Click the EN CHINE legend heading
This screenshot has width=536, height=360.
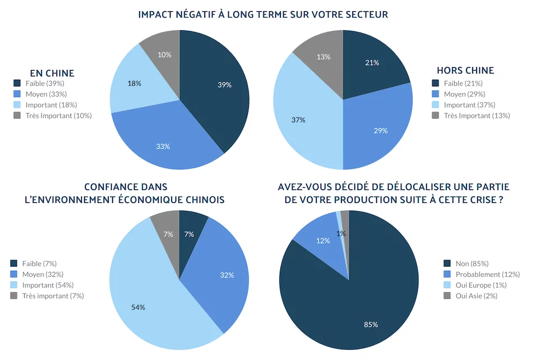click(x=52, y=73)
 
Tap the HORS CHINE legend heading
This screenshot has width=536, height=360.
click(x=465, y=71)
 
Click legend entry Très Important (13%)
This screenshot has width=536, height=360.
click(x=477, y=116)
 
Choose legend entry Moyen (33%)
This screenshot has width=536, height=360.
click(x=50, y=94)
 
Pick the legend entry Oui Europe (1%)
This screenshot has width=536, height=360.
click(x=480, y=285)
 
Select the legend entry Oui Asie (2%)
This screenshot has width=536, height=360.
click(x=477, y=296)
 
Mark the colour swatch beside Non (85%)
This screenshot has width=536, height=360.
click(x=447, y=264)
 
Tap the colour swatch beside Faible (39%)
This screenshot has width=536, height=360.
click(x=17, y=84)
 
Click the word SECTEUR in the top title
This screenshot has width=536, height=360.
click(x=363, y=15)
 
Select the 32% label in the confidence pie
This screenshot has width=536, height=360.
click(x=227, y=275)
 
